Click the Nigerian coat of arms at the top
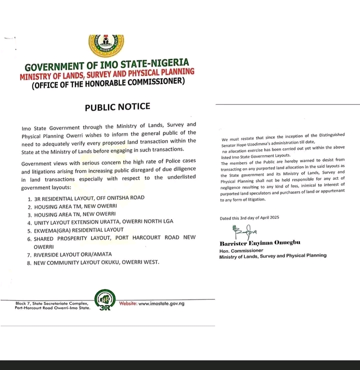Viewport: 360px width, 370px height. coord(106,45)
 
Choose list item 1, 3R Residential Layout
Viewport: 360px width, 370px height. coord(87,198)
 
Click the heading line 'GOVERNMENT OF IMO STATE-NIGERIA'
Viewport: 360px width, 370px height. coord(107,65)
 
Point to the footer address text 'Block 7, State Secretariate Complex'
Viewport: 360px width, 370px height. coord(52,303)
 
